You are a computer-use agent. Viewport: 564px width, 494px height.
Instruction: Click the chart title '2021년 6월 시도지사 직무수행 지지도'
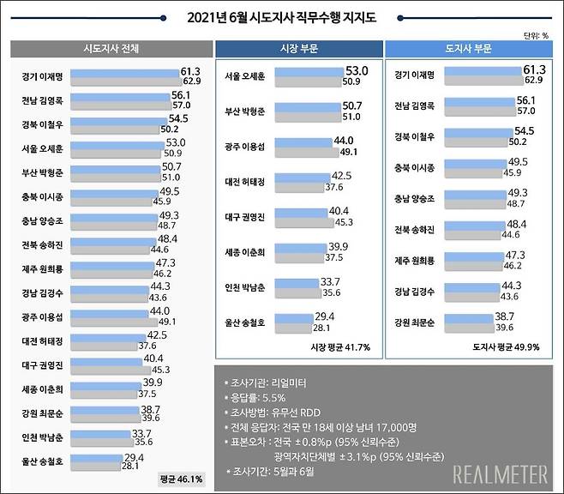(281, 17)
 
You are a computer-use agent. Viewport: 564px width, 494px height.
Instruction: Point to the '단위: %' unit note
(536, 35)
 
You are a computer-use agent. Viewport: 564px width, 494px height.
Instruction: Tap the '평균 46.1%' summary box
(181, 479)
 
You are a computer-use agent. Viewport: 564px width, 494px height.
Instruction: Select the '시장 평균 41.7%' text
(341, 346)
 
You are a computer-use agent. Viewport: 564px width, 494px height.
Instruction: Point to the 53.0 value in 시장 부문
(357, 70)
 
